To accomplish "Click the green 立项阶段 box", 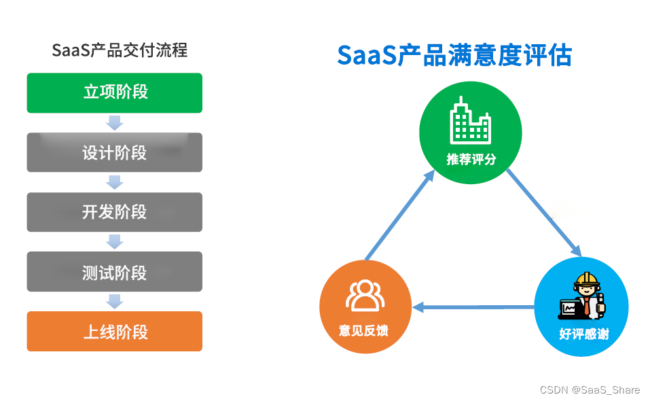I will pyautogui.click(x=114, y=92).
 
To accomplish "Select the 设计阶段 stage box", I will pyautogui.click(x=114, y=152).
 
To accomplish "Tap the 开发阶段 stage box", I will pyautogui.click(x=114, y=212).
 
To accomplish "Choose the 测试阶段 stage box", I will pyautogui.click(x=114, y=272).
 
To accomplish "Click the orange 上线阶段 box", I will pyautogui.click(x=114, y=332).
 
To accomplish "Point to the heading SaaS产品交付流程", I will pyautogui.click(x=120, y=50).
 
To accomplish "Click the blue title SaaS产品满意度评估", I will pyautogui.click(x=454, y=55).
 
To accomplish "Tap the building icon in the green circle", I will pyautogui.click(x=470, y=123).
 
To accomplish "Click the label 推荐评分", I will pyautogui.click(x=471, y=160).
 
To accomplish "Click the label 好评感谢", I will pyautogui.click(x=583, y=334).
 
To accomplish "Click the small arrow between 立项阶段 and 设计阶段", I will pyautogui.click(x=115, y=123).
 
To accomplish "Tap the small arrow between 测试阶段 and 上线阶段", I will pyautogui.click(x=115, y=301).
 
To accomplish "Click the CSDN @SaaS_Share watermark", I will pyautogui.click(x=590, y=389).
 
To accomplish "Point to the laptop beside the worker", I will pyautogui.click(x=568, y=309).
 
